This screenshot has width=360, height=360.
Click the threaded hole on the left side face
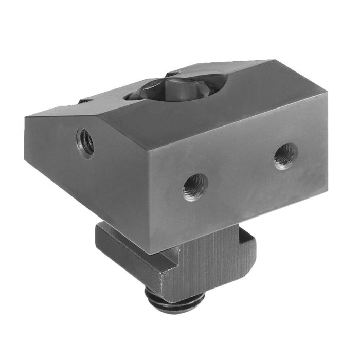coord(85,141)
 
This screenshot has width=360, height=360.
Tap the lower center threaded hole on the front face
coord(195,187)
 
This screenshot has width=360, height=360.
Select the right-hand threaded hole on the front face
coord(285,155)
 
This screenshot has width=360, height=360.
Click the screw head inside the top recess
coord(175,87)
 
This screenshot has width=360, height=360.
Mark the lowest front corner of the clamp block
coord(153,255)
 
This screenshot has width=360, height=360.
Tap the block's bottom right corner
coord(328,193)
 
